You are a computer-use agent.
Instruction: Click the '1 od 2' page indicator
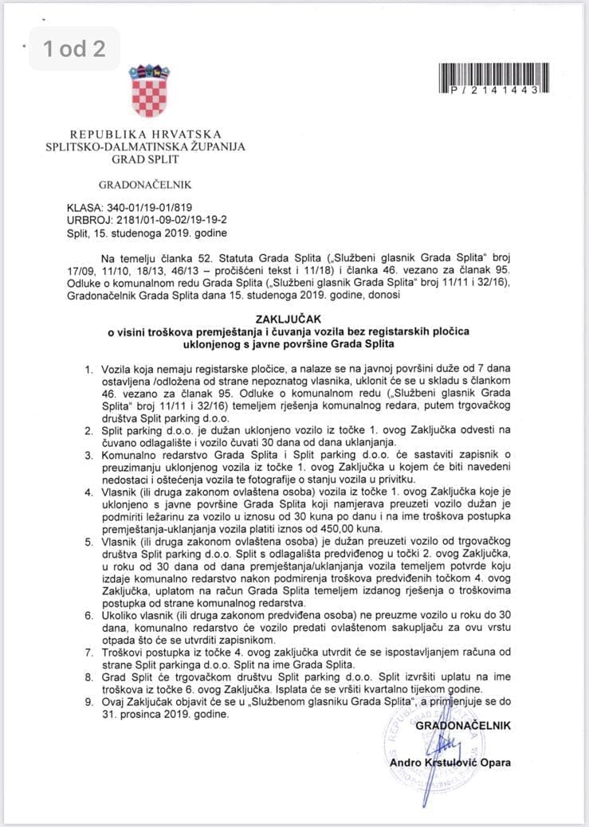tap(74, 49)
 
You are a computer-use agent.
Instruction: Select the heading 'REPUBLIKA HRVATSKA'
tap(145, 135)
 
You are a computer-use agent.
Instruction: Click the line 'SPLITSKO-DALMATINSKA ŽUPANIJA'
tap(145, 147)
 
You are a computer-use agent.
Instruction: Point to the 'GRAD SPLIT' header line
tap(145, 159)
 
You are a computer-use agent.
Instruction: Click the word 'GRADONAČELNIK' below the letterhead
tap(145, 185)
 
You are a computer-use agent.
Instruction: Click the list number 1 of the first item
tap(88, 371)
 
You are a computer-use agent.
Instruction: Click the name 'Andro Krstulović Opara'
tap(450, 762)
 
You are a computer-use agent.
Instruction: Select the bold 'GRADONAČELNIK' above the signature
tap(463, 726)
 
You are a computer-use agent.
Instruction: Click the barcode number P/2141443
tap(495, 91)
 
